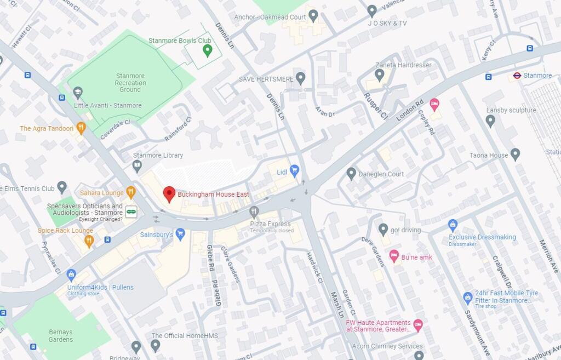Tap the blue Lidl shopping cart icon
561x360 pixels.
click(x=294, y=171)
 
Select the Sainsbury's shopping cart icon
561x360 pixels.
click(x=180, y=234)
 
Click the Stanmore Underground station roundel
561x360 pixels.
click(x=516, y=75)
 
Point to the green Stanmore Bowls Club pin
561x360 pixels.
click(x=207, y=50)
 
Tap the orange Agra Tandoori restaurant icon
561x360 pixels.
click(x=81, y=128)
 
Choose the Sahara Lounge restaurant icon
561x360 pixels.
click(x=130, y=192)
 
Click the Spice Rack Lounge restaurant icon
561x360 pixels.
click(x=89, y=241)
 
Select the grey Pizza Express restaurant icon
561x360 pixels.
click(x=254, y=212)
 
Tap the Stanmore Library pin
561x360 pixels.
click(x=137, y=164)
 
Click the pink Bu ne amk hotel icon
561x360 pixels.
click(x=393, y=256)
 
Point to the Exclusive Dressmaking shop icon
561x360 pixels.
click(x=453, y=225)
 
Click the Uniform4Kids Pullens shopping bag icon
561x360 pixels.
click(x=71, y=275)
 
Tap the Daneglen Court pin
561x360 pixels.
click(x=351, y=174)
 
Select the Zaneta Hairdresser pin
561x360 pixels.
click(x=380, y=75)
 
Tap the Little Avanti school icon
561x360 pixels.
click(x=78, y=93)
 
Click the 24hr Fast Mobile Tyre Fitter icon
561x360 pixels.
click(x=467, y=298)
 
